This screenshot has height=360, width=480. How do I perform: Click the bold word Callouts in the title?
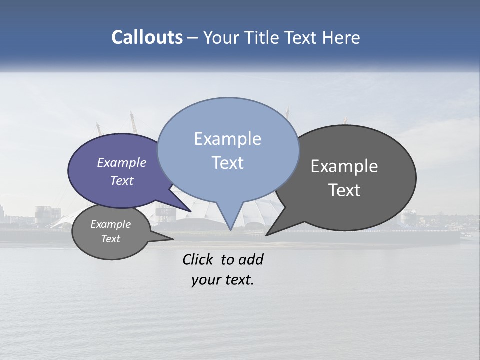[x=147, y=37]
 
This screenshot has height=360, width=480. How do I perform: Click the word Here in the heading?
[x=341, y=37]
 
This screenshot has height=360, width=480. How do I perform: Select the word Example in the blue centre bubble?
[x=227, y=139]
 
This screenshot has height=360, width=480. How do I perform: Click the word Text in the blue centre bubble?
[x=227, y=163]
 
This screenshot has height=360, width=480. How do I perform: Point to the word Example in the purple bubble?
[x=122, y=162]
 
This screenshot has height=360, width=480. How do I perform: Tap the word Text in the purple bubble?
[x=122, y=180]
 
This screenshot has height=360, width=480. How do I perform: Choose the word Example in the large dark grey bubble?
[x=344, y=166]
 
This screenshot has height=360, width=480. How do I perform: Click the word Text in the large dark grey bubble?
[x=344, y=190]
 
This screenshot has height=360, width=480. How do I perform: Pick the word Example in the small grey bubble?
[x=111, y=224]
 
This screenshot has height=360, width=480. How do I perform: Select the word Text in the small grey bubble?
[x=111, y=239]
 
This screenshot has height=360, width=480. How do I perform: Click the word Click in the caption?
[x=199, y=259]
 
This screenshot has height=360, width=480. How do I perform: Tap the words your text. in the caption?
[x=223, y=280]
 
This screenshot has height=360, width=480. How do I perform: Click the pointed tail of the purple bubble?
[x=190, y=210]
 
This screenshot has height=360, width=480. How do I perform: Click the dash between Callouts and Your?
[x=193, y=37]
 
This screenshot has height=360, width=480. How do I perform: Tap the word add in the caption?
[x=251, y=259]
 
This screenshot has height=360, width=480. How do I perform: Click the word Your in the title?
[x=222, y=37]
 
